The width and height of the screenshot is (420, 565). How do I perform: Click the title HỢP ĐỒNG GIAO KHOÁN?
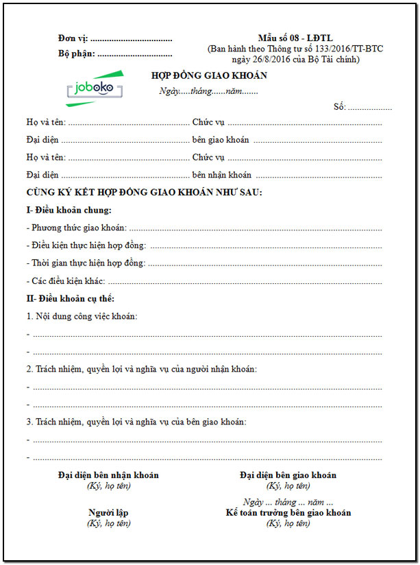coord(209,76)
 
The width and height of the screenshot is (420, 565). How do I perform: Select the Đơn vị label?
coord(73,38)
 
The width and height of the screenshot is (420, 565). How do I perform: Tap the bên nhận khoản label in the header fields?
coord(222,175)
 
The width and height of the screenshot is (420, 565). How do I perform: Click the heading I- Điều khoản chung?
coord(69,210)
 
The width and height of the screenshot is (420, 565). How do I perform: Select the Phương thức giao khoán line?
coord(77,228)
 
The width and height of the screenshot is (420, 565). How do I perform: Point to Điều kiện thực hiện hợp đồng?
coord(86,245)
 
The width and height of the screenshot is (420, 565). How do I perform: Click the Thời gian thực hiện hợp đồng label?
coord(86,263)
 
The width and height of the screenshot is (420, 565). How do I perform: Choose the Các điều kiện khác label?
coord(66,281)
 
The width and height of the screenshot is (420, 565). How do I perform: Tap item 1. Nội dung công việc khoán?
coord(82,316)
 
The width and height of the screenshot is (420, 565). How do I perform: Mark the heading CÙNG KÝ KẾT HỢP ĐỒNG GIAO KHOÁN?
coord(144,192)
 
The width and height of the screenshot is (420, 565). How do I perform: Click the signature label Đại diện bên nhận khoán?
coord(108,475)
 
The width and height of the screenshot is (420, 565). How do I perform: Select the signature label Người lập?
coord(108,513)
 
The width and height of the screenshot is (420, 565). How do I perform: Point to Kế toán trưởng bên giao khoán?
coord(288,513)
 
